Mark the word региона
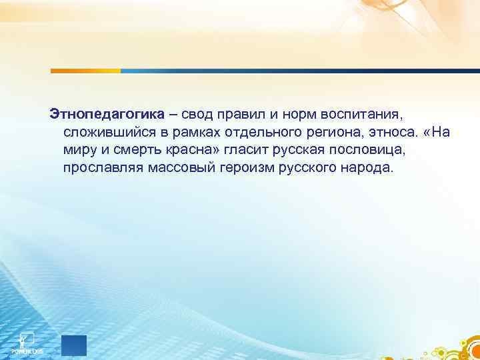pos(327,131)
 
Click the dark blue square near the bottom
pos(74,346)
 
